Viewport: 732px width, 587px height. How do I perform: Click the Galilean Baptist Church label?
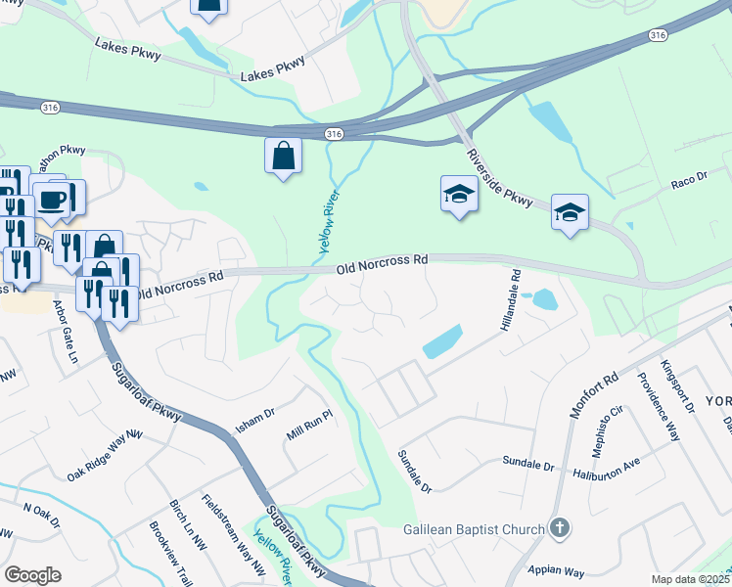click(474, 530)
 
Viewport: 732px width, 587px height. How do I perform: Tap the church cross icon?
click(559, 529)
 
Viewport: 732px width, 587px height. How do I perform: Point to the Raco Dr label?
click(688, 182)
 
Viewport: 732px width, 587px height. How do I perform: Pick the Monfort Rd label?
click(594, 396)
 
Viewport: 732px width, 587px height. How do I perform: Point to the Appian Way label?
click(556, 569)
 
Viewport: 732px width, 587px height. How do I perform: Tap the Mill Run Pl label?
click(310, 422)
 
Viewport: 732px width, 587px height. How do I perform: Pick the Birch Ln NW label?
click(188, 526)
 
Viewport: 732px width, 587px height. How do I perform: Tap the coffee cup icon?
click(54, 199)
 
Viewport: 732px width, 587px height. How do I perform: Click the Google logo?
click(32, 575)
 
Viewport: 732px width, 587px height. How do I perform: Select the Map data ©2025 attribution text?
click(690, 579)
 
